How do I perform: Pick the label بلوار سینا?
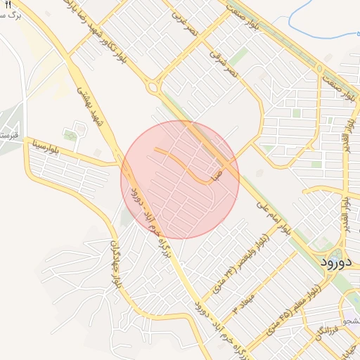[x=44, y=148]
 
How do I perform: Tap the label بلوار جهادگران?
[x=115, y=266]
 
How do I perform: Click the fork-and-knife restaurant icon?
[x=8, y=5]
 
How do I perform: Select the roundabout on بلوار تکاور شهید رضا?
[x=152, y=87]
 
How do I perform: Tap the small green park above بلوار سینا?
[x=70, y=134]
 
